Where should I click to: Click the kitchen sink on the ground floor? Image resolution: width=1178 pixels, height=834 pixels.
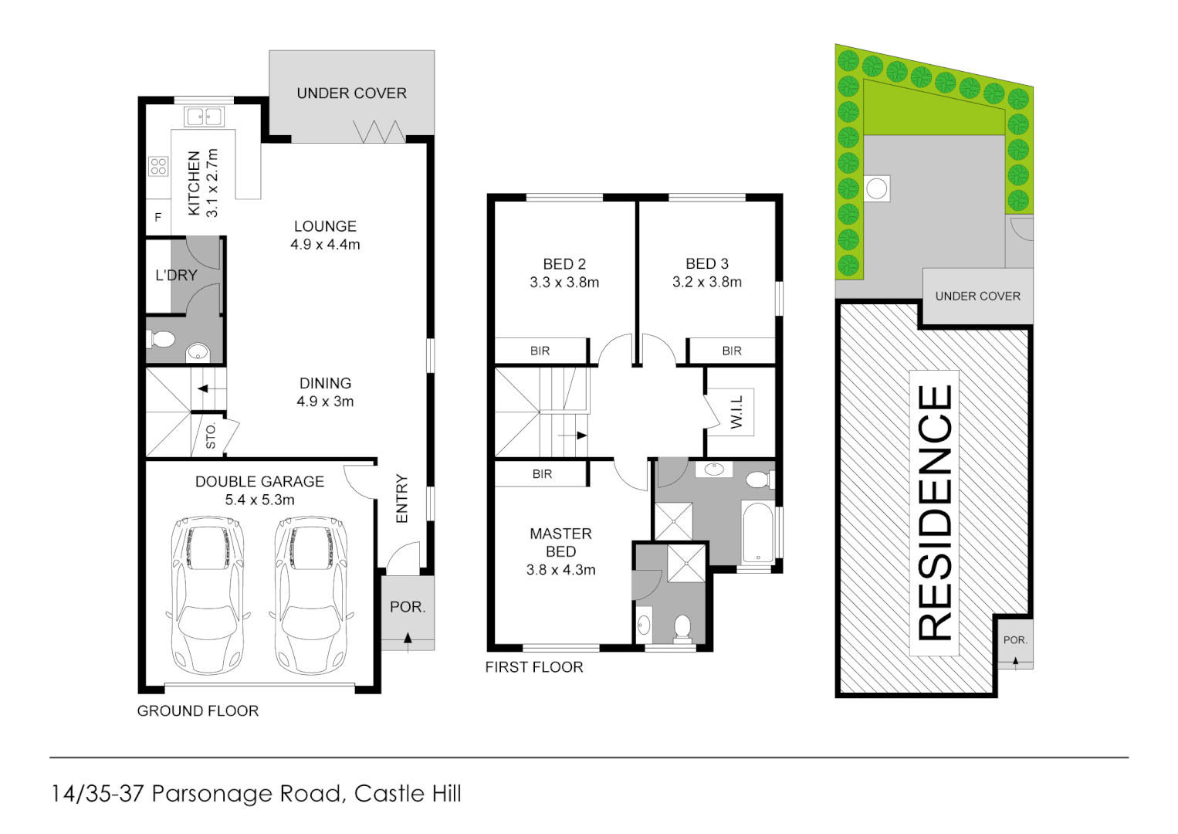tap(204, 117)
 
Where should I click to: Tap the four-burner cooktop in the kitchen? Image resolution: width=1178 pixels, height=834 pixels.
tap(159, 166)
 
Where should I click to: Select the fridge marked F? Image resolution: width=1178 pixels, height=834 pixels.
tap(158, 217)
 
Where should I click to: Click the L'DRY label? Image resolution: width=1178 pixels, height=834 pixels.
tap(176, 275)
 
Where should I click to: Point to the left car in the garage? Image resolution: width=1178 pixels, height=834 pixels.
tap(208, 595)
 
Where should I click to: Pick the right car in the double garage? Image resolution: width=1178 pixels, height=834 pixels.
tap(311, 595)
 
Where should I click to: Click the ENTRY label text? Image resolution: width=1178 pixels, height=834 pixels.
tap(401, 499)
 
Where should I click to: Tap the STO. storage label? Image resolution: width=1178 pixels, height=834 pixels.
tap(210, 436)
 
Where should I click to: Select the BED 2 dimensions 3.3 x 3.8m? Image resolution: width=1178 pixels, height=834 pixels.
tap(564, 283)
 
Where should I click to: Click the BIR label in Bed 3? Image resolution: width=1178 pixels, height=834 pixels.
tap(732, 351)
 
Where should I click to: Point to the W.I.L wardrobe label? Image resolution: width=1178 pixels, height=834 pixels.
tap(736, 412)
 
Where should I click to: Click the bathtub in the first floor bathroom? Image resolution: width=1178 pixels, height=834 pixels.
tap(757, 533)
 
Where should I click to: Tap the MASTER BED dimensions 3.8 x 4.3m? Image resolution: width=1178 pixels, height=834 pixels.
tap(560, 570)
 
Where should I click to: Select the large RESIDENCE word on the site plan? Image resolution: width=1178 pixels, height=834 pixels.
tap(935, 513)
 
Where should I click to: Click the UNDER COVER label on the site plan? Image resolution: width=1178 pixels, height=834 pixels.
tap(977, 297)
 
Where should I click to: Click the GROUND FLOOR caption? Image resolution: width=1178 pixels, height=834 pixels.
tap(198, 711)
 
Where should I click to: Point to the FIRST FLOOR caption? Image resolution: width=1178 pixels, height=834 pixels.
tap(533, 667)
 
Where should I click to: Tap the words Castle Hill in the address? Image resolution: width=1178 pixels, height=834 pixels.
tap(408, 794)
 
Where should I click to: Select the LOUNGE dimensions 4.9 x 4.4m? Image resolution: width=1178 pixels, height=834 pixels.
tap(325, 245)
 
